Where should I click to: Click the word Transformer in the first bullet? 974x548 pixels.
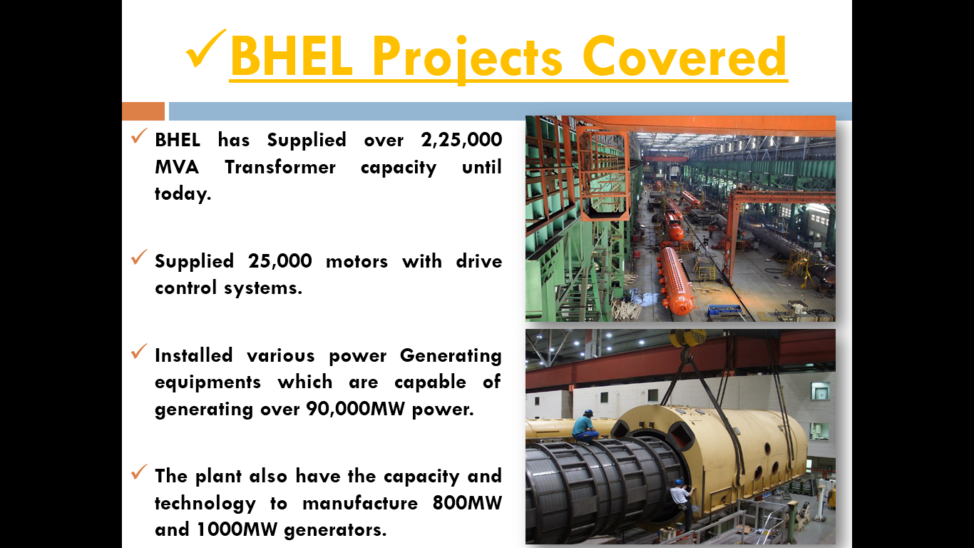(x=280, y=167)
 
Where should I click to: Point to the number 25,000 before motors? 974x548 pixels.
(x=280, y=261)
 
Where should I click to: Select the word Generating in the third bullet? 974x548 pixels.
(x=451, y=355)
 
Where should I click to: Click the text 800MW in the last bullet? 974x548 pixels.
(x=467, y=503)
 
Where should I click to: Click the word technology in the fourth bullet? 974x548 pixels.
(x=205, y=503)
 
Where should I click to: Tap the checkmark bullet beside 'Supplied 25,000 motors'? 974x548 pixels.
(x=139, y=258)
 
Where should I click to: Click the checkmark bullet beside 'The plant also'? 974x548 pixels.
(x=139, y=473)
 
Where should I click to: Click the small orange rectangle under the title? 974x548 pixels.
(x=143, y=111)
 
